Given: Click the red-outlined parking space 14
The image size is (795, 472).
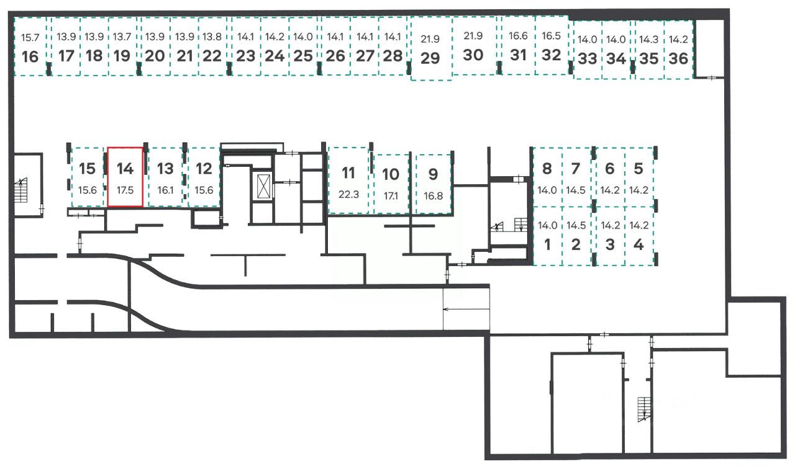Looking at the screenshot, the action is pos(126,177).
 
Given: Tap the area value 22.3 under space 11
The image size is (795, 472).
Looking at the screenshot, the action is pos(348,194).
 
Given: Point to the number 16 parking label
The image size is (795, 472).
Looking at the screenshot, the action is pos(30,57).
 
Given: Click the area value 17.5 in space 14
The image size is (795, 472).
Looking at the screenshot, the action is pos(125,190).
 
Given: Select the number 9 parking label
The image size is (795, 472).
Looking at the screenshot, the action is pos(433,174).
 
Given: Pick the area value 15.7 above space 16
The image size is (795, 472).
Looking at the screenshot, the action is pos(30,38).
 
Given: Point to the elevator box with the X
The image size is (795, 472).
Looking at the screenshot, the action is pos(262,186).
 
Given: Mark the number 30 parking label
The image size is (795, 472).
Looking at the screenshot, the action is pos(473,55).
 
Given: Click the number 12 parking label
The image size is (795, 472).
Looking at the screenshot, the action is pos(204,169).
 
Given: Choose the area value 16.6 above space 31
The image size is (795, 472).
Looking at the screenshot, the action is pos(517,37).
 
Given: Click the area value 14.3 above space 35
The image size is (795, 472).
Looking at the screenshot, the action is pos(649,40).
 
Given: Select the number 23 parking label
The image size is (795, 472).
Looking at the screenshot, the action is pos(246,56).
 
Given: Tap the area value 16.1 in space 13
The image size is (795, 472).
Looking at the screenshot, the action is pos(165,190).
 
